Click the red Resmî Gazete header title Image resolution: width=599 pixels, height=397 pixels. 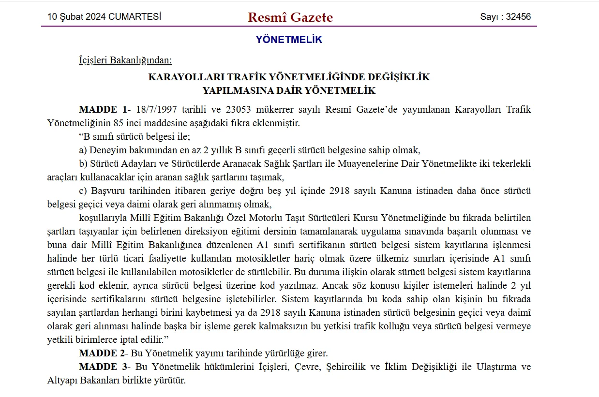290,17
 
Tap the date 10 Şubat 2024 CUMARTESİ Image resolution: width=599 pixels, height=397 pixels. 104,17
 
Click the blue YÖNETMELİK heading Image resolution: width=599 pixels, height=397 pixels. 289,40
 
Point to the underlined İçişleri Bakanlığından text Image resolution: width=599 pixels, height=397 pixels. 125,60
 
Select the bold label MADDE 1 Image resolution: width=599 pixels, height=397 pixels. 103,109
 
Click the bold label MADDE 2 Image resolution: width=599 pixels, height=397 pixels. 103,353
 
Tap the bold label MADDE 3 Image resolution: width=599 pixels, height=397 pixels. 103,367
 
